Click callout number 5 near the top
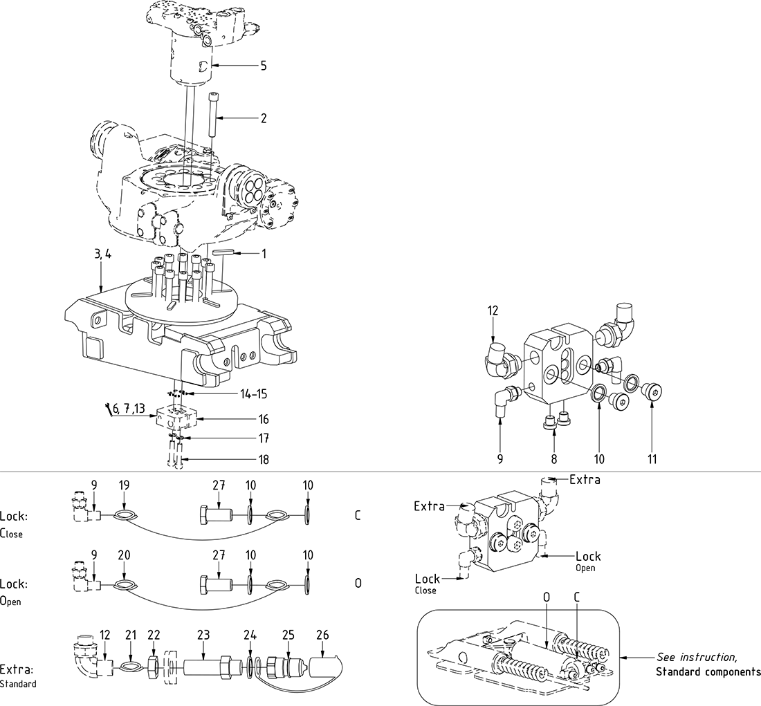(x=263, y=66)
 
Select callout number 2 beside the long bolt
(x=263, y=118)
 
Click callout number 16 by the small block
(x=263, y=419)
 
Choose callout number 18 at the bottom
(x=263, y=459)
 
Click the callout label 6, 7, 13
(x=130, y=409)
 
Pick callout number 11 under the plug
(x=652, y=458)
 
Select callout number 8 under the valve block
(x=554, y=458)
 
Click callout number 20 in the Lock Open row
(x=124, y=555)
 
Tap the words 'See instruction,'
(x=697, y=657)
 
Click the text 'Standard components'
(x=708, y=671)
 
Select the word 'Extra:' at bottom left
(x=17, y=669)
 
